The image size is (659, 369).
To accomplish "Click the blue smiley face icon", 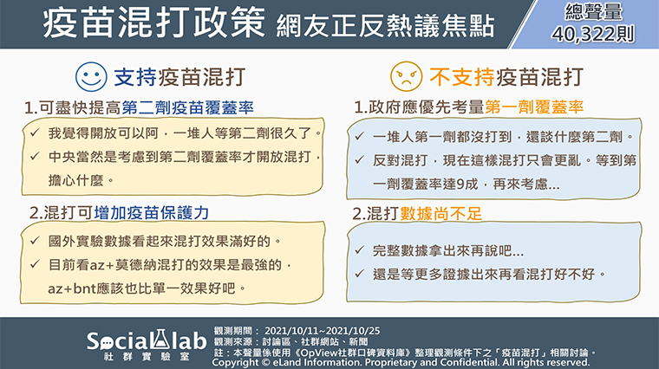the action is tap(91, 77).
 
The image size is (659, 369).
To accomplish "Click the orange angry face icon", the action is tap(406, 76).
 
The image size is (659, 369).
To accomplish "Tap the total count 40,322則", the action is tap(593, 35).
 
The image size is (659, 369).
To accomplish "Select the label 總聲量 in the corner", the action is tap(593, 12).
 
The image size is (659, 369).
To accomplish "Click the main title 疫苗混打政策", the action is tap(153, 23).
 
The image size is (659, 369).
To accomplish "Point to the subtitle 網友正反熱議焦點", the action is tap(385, 26).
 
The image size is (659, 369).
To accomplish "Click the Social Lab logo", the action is tap(147, 341).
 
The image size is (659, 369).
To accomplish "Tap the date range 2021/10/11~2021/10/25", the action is tap(322, 331).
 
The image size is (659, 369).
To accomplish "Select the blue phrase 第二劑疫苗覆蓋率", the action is tap(188, 108).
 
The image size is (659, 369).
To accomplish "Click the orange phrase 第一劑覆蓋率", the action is tap(534, 107).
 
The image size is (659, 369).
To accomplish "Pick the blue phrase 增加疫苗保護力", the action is tap(152, 213).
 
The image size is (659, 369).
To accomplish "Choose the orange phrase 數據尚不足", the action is tap(440, 214).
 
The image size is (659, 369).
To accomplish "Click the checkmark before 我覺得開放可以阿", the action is tap(35, 133).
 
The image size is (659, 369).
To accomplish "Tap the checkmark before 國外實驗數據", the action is tap(35, 241).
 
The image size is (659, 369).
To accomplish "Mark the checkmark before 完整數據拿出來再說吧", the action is tap(359, 250).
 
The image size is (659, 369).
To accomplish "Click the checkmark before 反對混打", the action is tap(359, 160).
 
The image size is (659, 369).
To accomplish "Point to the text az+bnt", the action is tap(72, 288).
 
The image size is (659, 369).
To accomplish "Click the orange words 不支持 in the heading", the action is tap(462, 77).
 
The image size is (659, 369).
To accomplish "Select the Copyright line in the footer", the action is tap(401, 362).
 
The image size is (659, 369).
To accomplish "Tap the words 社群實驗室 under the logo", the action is tap(147, 357).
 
